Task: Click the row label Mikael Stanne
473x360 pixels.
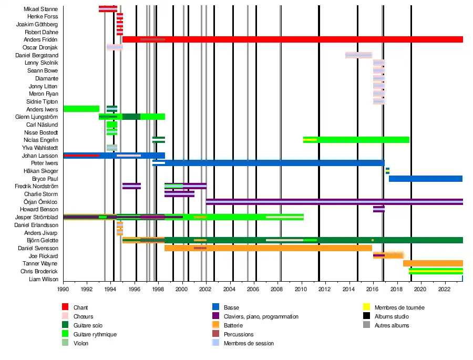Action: coord(41,9)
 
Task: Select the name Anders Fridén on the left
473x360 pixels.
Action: coord(41,40)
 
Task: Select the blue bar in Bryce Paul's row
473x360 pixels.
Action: coord(426,179)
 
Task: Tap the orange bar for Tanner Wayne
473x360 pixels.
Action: coord(433,263)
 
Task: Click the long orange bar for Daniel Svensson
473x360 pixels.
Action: coord(268,248)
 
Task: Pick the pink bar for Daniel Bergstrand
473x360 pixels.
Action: coord(358,55)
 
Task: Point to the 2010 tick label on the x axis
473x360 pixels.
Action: coord(301,289)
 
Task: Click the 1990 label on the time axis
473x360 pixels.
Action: coord(63,289)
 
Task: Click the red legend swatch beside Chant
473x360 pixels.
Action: coord(65,307)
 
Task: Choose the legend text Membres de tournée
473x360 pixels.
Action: coord(399,307)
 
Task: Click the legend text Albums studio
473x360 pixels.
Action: coord(392,316)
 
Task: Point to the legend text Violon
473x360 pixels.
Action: coord(81,343)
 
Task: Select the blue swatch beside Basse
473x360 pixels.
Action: coord(215,307)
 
